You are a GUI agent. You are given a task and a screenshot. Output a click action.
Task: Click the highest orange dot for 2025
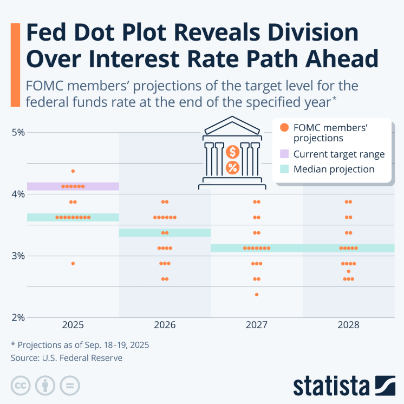pos(73,171)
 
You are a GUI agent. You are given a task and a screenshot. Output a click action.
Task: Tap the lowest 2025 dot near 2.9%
pos(73,263)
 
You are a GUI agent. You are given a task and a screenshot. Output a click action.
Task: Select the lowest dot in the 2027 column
pos(257,295)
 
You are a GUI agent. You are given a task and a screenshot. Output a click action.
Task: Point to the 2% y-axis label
pos(18,317)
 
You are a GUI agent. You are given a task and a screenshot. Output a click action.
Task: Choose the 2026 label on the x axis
pos(165,325)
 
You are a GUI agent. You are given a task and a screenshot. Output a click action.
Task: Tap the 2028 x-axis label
pos(348,325)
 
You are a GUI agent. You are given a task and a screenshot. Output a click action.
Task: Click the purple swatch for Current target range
pos(284,154)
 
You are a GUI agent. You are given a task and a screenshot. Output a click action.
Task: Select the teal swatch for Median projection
pos(284,170)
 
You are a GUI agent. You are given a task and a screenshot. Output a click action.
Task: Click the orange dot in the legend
pos(284,128)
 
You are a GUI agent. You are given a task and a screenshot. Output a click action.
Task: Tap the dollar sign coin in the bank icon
pos(233,152)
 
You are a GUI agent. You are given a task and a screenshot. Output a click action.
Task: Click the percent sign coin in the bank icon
pos(233,167)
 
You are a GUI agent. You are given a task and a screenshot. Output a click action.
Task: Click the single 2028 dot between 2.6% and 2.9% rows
pos(348,271)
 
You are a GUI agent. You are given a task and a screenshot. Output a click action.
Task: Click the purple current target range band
pos(73,186)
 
